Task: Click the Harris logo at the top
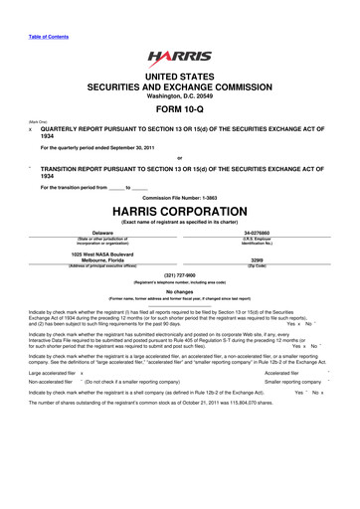click(179, 59)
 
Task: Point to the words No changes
click(179, 292)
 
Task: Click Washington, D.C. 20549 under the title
click(179, 95)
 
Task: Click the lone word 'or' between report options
click(179, 159)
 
